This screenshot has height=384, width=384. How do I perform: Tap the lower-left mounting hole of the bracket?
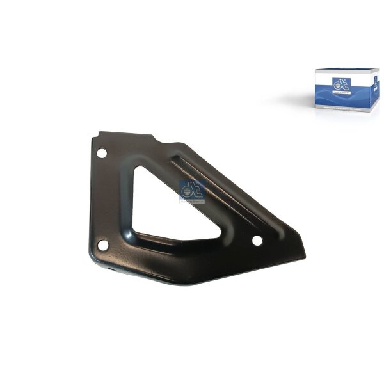tap(103, 243)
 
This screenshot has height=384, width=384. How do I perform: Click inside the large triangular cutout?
tap(154, 198)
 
